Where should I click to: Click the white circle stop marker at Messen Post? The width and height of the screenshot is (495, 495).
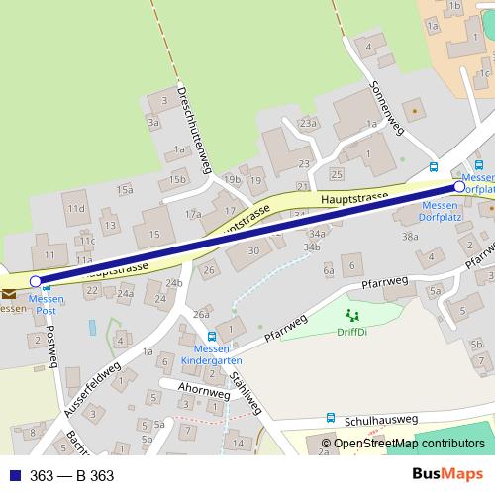click(x=36, y=282)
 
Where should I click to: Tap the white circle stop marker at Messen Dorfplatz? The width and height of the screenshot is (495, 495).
click(x=459, y=186)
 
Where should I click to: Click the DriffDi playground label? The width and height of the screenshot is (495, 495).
click(x=350, y=332)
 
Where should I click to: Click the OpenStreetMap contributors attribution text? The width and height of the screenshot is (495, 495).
click(x=409, y=444)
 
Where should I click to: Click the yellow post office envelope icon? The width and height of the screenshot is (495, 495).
click(x=9, y=293)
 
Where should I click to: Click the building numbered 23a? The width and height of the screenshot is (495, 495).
click(x=308, y=123)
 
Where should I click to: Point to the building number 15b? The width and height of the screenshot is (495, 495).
click(x=177, y=179)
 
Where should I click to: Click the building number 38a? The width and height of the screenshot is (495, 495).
click(x=410, y=238)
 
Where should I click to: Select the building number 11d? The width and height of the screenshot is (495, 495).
click(x=76, y=210)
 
